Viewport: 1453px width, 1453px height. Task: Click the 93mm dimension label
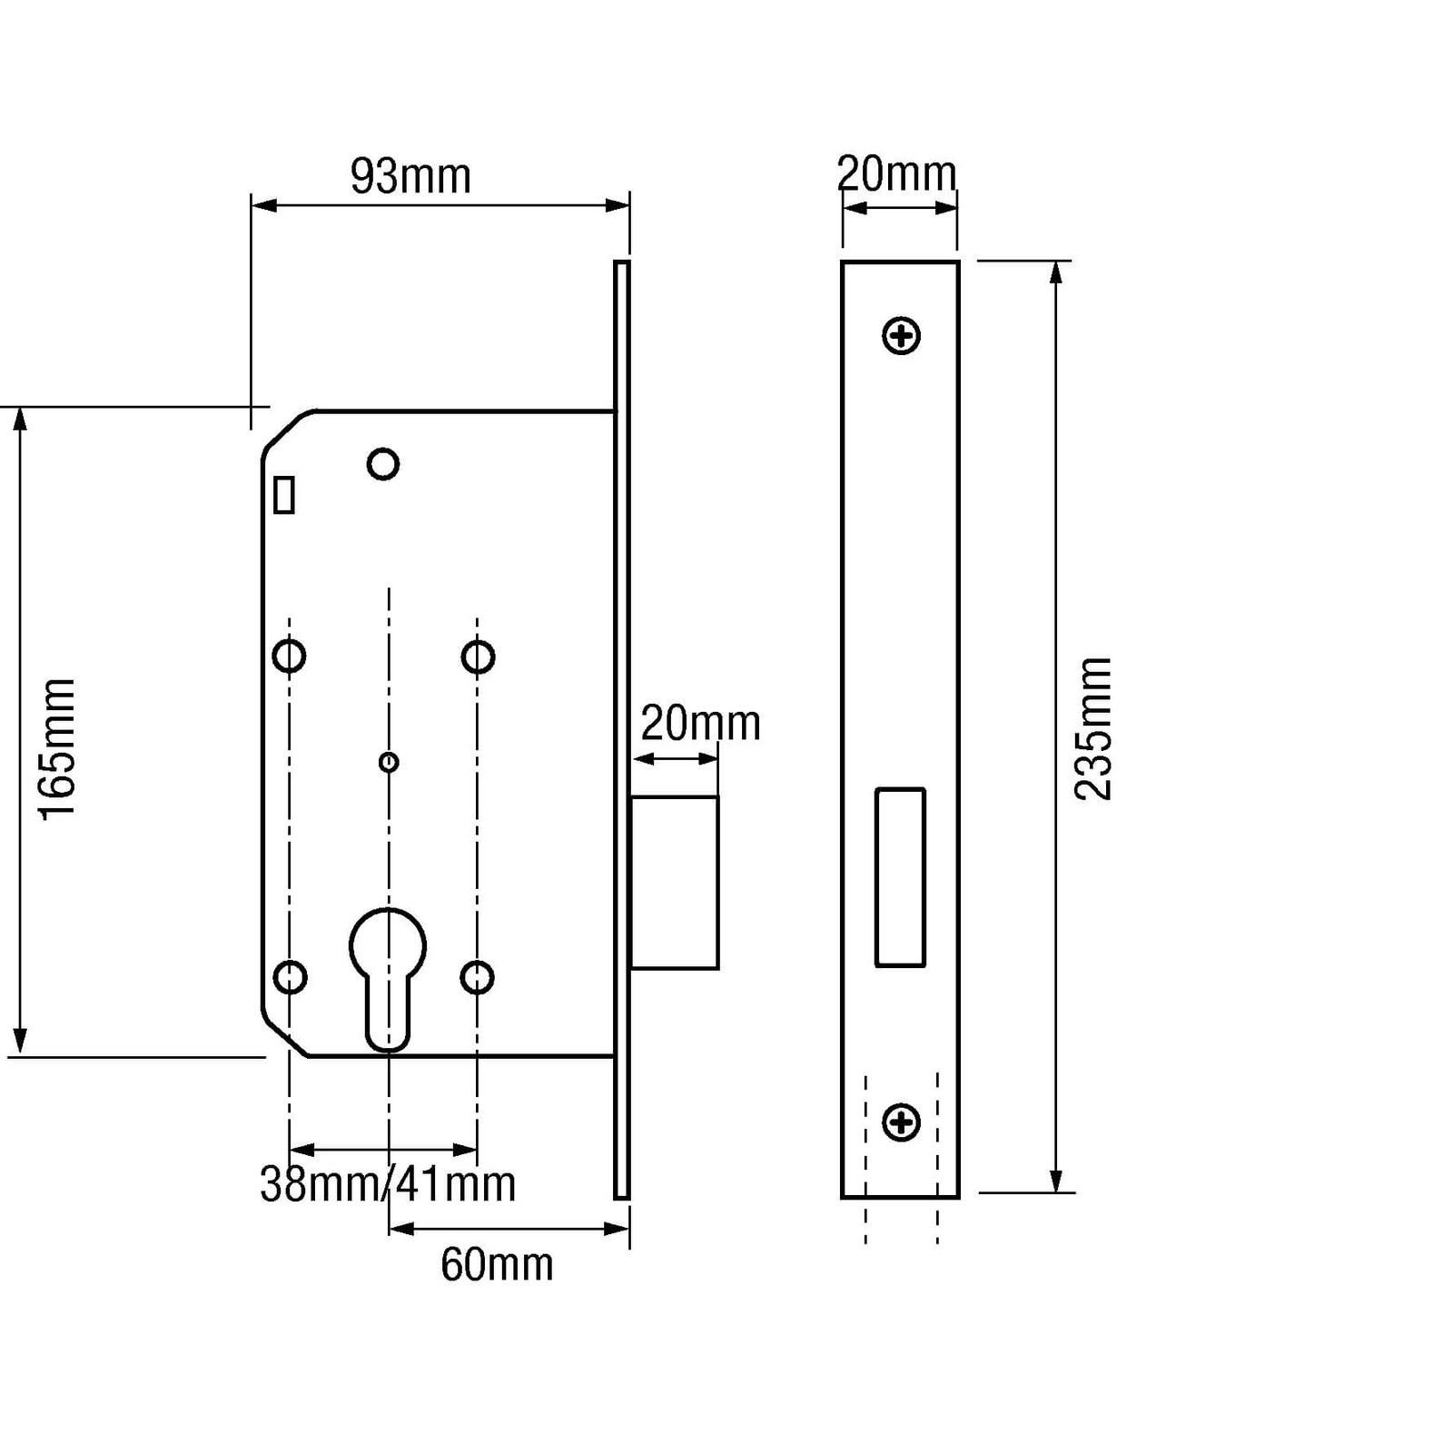[410, 176]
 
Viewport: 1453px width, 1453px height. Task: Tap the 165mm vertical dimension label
[56, 748]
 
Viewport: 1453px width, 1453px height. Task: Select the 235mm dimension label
[1092, 728]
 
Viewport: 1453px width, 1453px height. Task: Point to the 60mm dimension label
[497, 1264]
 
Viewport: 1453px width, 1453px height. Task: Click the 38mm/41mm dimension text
[388, 1184]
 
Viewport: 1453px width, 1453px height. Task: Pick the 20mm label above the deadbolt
[700, 724]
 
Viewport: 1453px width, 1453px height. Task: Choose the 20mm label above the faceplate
[896, 173]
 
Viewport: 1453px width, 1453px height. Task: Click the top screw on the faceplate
[902, 336]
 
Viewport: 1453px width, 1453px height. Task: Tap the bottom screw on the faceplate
[902, 1122]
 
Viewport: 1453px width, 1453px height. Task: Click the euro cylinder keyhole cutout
[388, 972]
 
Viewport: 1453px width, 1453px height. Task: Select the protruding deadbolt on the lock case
[675, 883]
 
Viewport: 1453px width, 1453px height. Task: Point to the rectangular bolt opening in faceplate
[900, 877]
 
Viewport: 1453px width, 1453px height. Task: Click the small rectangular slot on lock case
[284, 496]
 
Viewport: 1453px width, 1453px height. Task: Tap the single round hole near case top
[383, 464]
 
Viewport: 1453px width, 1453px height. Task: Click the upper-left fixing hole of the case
[290, 656]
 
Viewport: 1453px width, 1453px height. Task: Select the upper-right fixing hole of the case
[478, 656]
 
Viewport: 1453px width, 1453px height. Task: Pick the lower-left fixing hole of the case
[290, 977]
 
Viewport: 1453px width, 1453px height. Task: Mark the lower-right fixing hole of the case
[478, 977]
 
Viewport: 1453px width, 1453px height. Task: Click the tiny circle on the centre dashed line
[389, 762]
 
